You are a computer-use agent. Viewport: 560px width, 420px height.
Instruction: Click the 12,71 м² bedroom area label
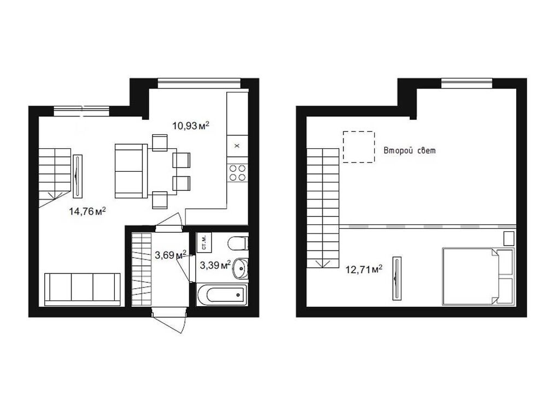364,269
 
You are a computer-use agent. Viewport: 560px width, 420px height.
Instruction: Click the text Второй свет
410,151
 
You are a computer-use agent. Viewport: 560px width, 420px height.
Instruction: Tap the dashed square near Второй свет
359,147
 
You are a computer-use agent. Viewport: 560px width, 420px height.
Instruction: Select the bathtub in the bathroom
221,295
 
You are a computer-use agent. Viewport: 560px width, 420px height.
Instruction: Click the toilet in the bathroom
238,243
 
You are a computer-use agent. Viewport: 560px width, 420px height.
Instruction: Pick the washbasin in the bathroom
241,269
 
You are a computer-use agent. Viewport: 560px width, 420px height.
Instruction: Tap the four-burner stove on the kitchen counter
237,173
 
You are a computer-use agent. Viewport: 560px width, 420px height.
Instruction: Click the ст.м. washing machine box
203,242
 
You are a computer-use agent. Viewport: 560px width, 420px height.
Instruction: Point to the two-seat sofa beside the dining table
131,171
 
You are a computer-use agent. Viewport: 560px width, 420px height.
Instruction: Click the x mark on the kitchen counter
237,145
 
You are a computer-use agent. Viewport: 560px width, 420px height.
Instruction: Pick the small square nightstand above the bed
509,238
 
